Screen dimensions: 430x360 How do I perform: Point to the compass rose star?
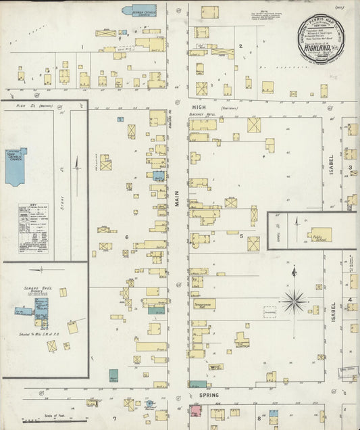point(294,300)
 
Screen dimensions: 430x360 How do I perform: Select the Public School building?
point(319,234)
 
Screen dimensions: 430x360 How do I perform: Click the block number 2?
point(240,46)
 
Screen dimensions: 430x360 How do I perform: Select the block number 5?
point(240,236)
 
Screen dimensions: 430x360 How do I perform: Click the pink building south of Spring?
point(196,410)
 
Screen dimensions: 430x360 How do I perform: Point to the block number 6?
point(126,237)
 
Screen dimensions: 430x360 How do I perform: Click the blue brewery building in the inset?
point(42,310)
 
